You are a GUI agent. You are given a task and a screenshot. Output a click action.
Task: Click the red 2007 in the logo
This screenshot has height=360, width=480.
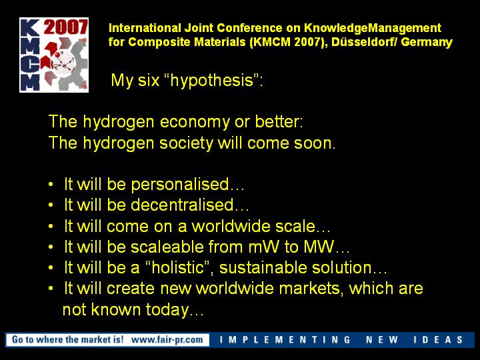65,27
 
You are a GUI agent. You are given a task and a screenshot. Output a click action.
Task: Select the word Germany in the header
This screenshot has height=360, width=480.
427,43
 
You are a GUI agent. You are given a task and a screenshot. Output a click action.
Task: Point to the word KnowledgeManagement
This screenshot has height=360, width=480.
373,28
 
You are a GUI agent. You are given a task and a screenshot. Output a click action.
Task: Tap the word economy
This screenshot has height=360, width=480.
195,122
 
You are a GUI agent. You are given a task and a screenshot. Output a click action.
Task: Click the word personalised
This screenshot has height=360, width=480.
180,185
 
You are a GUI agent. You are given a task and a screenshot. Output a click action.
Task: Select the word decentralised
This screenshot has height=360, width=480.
183,205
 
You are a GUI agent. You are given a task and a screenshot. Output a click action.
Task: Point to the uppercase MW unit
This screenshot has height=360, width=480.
319,247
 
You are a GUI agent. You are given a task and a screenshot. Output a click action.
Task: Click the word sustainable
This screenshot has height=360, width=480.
263,267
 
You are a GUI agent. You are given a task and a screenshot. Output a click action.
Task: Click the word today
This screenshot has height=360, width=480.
167,310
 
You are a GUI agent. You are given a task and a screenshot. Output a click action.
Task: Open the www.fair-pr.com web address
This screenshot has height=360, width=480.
167,340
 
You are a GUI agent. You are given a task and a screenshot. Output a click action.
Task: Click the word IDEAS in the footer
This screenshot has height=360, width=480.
439,340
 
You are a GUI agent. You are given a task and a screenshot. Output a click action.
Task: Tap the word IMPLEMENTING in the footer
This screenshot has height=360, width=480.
285,340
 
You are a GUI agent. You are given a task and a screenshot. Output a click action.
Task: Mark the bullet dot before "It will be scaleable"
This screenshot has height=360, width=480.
51,247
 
